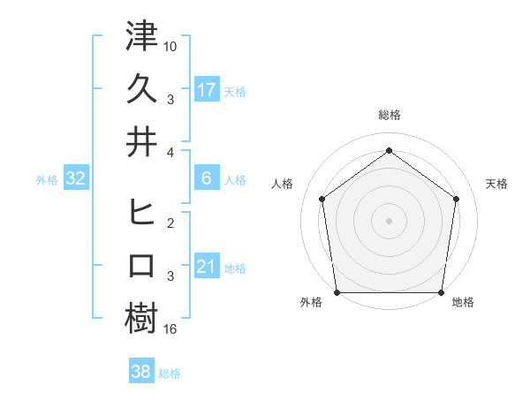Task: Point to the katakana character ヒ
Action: [x=142, y=212]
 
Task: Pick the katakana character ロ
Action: [x=142, y=265]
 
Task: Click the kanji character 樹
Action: [x=142, y=318]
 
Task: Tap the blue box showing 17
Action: [x=207, y=89]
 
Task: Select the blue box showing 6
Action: [x=207, y=178]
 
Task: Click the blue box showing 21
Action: [x=207, y=267]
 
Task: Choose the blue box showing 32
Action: [x=76, y=178]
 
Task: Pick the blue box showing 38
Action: [x=141, y=372]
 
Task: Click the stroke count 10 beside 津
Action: [x=171, y=45]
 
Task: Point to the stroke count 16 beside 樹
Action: [x=171, y=329]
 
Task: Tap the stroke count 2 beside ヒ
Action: [x=171, y=223]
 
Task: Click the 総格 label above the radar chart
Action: [x=389, y=116]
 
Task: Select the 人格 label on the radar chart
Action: [x=283, y=184]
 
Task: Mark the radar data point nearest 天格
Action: [x=457, y=199]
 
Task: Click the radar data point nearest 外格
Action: [x=337, y=292]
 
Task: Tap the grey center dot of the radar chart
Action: [x=389, y=220]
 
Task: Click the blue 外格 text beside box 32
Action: [x=47, y=180]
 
